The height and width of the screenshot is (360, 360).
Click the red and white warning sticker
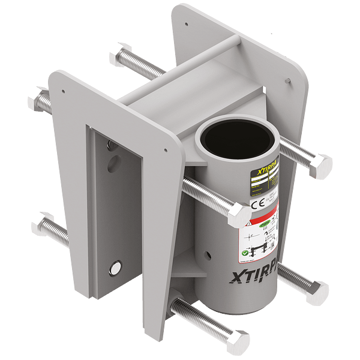[262, 229]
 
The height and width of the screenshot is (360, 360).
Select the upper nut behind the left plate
[44, 98]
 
